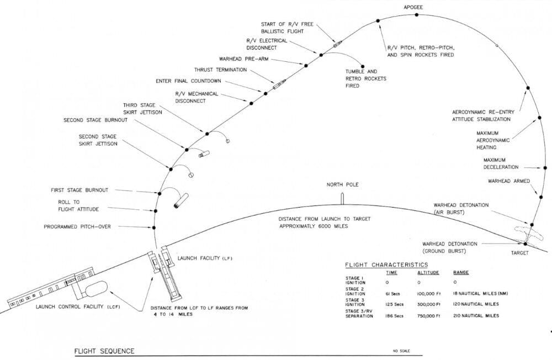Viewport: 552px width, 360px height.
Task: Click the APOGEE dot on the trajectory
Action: (x=416, y=15)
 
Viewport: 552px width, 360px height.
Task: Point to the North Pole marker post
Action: (x=342, y=199)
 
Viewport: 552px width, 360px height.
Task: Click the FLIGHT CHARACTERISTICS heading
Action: (x=386, y=265)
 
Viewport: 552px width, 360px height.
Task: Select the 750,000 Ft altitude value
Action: (x=429, y=316)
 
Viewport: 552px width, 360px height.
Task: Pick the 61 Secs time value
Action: (x=393, y=294)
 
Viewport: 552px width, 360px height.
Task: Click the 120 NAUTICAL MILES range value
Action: (x=476, y=304)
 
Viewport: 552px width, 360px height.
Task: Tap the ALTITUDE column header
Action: (x=428, y=273)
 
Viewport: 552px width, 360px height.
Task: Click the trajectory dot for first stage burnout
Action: (x=160, y=194)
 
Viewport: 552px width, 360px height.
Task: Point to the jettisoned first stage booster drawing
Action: (x=181, y=201)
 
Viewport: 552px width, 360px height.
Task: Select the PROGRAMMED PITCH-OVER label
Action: (x=77, y=227)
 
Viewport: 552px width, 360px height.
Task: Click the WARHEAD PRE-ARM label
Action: (x=243, y=59)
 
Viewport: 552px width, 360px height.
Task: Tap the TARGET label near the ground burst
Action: (x=519, y=253)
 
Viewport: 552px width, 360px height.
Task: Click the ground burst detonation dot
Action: (x=526, y=243)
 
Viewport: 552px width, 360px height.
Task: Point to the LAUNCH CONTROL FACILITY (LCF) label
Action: (x=78, y=307)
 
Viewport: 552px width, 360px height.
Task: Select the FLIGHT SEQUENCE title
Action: (x=104, y=351)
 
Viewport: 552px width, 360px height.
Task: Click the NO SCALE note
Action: (x=401, y=351)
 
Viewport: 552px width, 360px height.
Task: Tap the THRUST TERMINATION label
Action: (x=220, y=70)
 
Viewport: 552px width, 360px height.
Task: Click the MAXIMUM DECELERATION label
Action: (x=501, y=163)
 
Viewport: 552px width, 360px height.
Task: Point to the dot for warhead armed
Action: (x=541, y=197)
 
